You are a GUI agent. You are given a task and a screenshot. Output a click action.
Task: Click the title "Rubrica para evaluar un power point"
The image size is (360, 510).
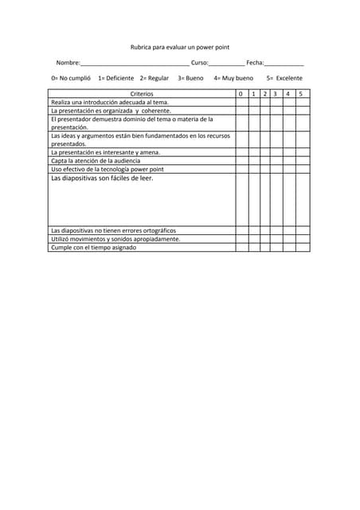pos(180,47)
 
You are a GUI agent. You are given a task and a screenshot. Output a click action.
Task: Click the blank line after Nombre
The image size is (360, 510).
pos(135,63)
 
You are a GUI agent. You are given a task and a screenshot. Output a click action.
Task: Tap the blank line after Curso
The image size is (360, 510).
pos(227,63)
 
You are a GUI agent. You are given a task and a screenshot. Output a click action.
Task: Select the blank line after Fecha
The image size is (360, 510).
pos(284,63)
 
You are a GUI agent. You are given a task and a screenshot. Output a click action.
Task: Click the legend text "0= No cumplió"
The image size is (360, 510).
pos(71,78)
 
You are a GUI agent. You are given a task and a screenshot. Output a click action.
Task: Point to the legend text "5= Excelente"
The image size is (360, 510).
pos(284,78)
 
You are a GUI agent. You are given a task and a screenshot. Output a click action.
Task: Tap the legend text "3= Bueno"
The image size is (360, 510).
pos(190,78)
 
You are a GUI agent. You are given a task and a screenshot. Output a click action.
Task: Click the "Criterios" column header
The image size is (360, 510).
pos(142,94)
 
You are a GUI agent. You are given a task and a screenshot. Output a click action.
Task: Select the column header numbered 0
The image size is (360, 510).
pos(241,94)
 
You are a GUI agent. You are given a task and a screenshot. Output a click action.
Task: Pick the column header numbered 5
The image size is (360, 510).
pos(301,94)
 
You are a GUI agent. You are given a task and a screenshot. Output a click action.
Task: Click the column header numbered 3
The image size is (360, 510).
pos(275,94)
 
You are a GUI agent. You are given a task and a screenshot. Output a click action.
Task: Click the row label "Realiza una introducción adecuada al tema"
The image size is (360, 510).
pos(110,102)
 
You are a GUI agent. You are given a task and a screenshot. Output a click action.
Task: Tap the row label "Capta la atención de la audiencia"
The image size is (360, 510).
pos(96,160)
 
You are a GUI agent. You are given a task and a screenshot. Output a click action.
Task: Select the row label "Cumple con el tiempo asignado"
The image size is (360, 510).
pos(93,247)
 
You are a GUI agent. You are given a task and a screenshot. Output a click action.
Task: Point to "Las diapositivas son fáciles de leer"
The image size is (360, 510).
pos(102,178)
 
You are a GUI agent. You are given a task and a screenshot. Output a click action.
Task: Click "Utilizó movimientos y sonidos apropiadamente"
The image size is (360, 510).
pos(115,238)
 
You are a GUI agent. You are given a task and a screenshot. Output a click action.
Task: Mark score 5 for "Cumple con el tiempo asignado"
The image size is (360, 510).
pos(301,247)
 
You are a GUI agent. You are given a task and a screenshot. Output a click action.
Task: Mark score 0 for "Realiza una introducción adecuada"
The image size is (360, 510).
pos(241,102)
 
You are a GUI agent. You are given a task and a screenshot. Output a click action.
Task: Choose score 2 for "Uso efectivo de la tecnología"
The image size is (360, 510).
pos(264,169)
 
